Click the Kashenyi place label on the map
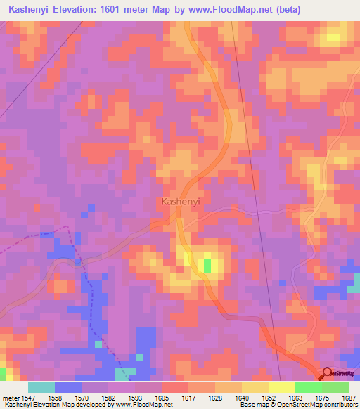pyautogui.click(x=181, y=202)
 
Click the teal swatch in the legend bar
pyautogui.click(x=41, y=387)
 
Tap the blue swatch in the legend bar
pyautogui.click(x=68, y=387)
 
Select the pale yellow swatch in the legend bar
pyautogui.click(x=281, y=387)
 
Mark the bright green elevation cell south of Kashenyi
pyautogui.click(x=207, y=265)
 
